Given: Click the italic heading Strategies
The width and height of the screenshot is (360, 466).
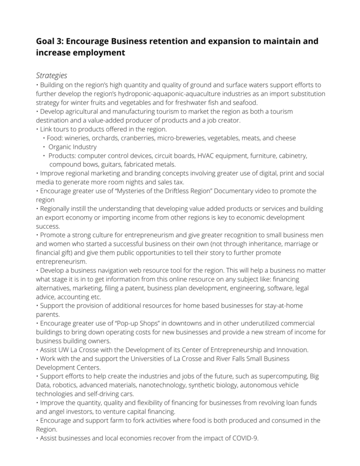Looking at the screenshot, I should coord(51,75).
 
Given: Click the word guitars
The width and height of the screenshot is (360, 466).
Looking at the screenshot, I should coord(110,165).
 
